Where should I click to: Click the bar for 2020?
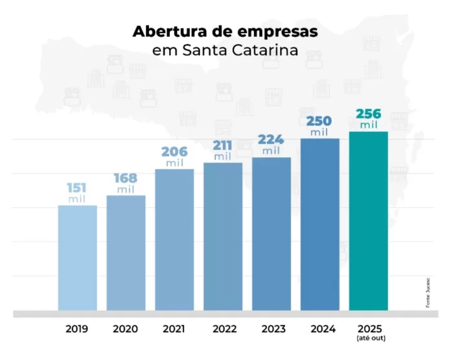click(126, 253)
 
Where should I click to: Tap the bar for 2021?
click(174, 240)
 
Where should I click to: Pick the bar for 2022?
click(223, 236)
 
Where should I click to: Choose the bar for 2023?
click(272, 234)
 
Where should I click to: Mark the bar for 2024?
click(320, 224)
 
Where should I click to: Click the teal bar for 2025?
click(369, 221)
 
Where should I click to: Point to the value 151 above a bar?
click(77, 188)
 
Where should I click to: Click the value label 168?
click(126, 177)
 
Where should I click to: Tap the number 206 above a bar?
click(174, 152)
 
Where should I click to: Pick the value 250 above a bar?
click(319, 121)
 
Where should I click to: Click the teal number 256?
click(368, 114)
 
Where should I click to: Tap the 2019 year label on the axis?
click(77, 328)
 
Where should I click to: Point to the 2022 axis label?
click(223, 328)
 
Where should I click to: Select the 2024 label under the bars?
click(320, 328)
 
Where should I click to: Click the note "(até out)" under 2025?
click(369, 338)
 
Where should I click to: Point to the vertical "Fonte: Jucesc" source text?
click(429, 292)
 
